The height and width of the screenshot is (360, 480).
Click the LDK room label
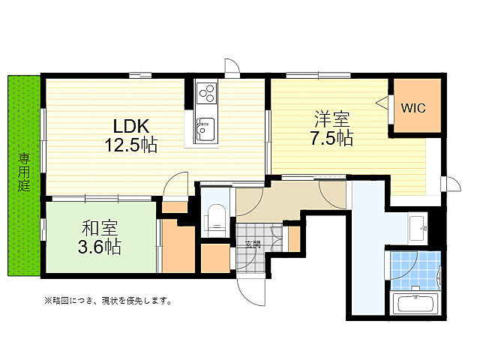[x=131, y=125]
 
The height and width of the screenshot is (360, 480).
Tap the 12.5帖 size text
[x=131, y=145]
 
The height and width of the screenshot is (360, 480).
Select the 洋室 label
[x=332, y=119]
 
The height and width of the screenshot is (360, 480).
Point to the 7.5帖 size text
[x=332, y=138]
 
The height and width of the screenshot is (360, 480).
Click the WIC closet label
[x=413, y=108]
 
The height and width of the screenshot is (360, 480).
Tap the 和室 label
[x=100, y=228]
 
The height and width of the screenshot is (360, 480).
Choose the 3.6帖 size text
[x=100, y=247]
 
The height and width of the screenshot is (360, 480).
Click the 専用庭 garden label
[x=24, y=172]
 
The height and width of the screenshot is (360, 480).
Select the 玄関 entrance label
[x=253, y=244]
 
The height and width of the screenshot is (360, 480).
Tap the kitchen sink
[x=205, y=129]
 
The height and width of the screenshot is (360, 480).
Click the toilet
[x=215, y=220]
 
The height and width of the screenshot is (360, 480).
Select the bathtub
[x=416, y=304]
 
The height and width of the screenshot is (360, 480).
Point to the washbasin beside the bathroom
[x=418, y=228]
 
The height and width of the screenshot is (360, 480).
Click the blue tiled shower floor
[x=416, y=271]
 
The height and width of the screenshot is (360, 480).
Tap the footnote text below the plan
[x=108, y=301]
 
